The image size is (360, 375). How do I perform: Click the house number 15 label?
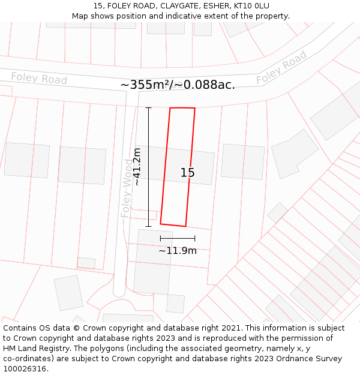[188, 173]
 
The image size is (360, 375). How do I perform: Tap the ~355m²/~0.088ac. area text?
[178, 85]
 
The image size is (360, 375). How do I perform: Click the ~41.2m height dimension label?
[137, 167]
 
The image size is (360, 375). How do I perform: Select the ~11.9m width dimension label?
[178, 251]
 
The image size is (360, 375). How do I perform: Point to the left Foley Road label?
[39, 78]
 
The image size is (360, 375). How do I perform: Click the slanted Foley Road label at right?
[281, 67]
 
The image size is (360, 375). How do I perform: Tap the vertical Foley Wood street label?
[127, 188]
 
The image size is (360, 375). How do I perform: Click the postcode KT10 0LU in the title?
[250, 6]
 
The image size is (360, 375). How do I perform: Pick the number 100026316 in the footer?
[24, 369]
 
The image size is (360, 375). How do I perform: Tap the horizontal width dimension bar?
[178, 239]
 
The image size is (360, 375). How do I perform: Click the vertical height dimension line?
[148, 167]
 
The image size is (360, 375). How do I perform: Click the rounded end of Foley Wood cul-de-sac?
[119, 292]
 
